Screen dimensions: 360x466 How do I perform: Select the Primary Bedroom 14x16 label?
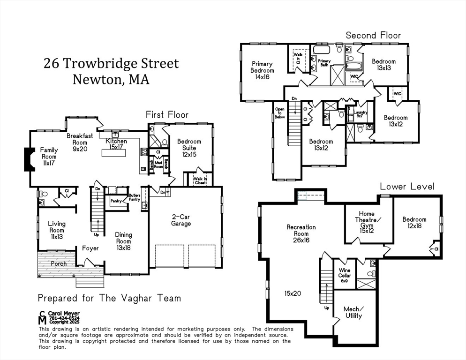262,70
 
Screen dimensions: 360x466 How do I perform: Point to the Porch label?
59,263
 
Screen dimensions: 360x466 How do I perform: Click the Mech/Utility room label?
353,312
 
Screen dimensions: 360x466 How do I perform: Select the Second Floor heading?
373,35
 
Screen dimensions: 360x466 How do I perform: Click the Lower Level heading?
407,186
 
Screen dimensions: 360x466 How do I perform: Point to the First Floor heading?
167,114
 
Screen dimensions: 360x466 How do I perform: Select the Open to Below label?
280,114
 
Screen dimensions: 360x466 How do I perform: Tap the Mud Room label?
158,164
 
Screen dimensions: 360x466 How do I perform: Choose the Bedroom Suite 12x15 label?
189,148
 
